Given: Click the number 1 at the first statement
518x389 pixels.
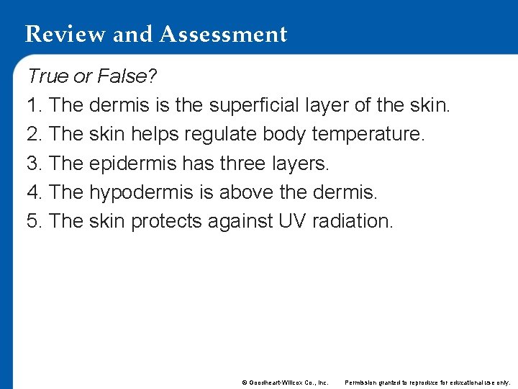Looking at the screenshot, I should click(x=32, y=105).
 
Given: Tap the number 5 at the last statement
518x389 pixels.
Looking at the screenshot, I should click(x=32, y=220).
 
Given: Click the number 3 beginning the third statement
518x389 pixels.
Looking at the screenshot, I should click(x=32, y=163).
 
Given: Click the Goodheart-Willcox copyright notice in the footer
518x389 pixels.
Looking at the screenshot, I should click(x=285, y=382).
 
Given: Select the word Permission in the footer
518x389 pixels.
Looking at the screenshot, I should click(x=361, y=382).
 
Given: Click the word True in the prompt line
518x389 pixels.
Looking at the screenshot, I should click(x=45, y=76).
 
